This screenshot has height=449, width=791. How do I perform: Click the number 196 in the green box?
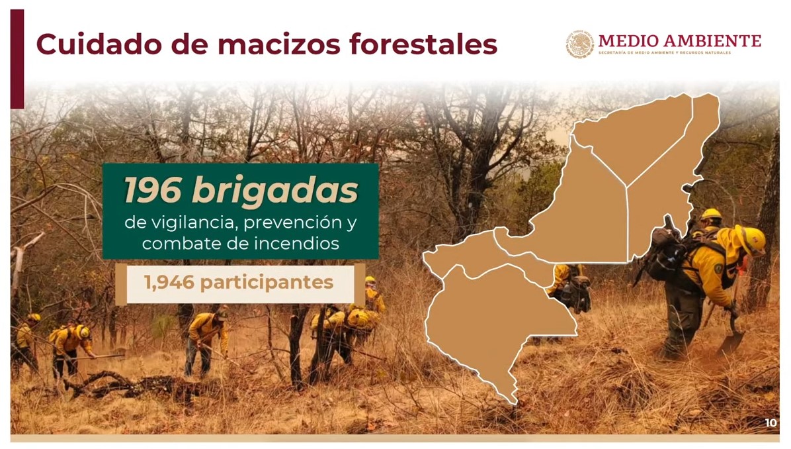(x=153, y=190)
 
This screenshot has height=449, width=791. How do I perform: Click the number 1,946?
(x=169, y=283)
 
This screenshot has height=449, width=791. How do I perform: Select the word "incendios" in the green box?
(x=296, y=244)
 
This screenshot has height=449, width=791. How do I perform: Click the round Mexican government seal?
(x=579, y=44)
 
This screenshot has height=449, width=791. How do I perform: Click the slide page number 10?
(x=770, y=423)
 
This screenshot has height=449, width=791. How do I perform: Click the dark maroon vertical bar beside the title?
(x=17, y=58)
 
